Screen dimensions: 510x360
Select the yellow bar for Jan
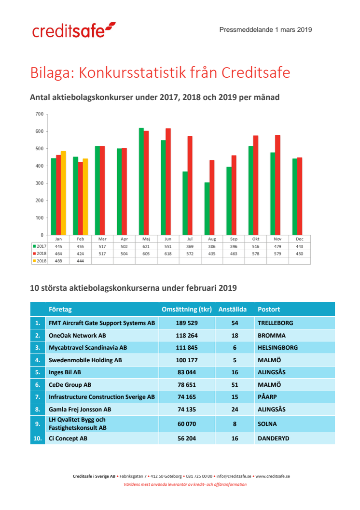63,193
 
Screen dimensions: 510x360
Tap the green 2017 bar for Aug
207,208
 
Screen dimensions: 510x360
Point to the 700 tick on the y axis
39,114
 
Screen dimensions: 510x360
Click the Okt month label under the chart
255,239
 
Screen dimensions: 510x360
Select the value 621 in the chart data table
146,246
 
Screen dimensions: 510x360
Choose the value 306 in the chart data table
212,246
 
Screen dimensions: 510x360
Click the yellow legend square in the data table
35,261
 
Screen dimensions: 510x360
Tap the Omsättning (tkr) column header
186,309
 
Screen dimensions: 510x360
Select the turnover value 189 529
186,323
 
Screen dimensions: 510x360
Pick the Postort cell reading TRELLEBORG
276,323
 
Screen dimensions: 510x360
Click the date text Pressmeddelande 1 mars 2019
265,29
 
